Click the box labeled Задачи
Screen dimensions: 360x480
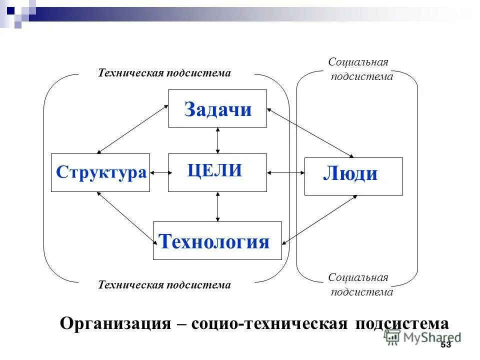[217, 108]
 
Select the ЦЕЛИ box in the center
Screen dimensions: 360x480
[217, 172]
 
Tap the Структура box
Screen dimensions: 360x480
[100, 172]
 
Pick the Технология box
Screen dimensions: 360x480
[217, 240]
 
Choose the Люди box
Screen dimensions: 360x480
[353, 176]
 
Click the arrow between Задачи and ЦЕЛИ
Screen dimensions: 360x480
[217, 140]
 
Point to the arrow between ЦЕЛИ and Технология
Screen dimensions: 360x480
[217, 206]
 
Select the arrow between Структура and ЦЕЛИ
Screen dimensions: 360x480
[159, 173]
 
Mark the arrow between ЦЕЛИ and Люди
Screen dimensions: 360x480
[285, 173]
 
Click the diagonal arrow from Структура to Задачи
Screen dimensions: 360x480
[132, 129]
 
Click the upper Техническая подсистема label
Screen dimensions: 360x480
[164, 73]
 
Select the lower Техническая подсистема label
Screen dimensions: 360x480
[164, 285]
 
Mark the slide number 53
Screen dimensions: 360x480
[445, 345]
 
